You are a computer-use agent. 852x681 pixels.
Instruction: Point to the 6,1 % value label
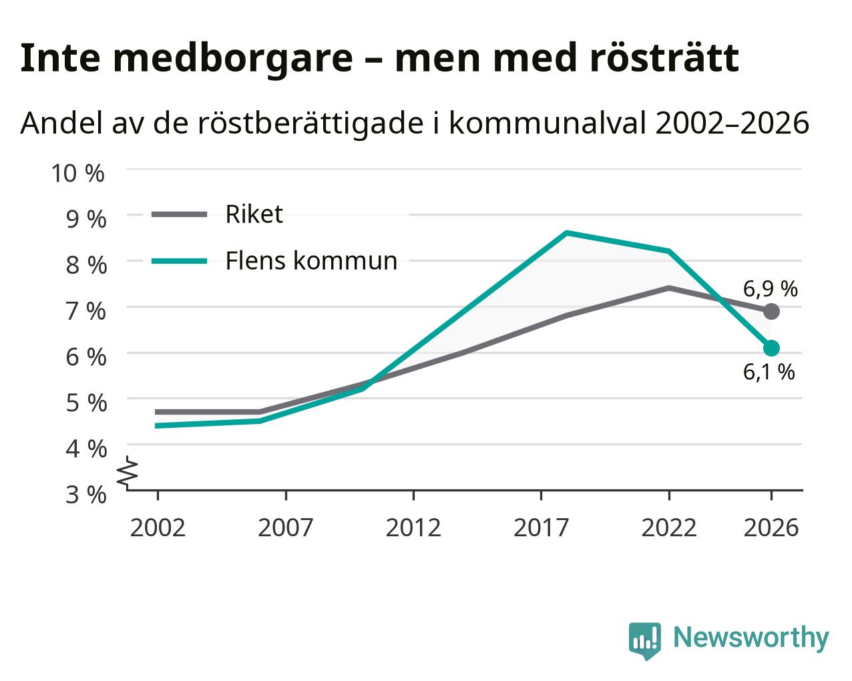[769, 372]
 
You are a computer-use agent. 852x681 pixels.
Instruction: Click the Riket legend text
[254, 214]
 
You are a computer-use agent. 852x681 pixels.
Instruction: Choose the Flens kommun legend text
[311, 260]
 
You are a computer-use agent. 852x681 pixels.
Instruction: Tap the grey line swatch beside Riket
[180, 214]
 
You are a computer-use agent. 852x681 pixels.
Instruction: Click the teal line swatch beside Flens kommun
[180, 261]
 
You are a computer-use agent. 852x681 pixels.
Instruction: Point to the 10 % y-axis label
[78, 173]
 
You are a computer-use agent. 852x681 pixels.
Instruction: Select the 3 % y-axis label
[86, 495]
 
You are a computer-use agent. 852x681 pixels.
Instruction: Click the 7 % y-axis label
[86, 311]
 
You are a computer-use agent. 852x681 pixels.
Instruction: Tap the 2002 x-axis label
[158, 527]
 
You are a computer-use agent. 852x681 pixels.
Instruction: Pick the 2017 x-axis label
[541, 527]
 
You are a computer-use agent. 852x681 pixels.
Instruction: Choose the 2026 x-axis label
[771, 527]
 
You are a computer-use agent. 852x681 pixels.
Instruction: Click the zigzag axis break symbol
[128, 471]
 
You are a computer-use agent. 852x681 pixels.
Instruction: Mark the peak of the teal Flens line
[567, 233]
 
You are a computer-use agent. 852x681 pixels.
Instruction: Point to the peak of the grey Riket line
[669, 288]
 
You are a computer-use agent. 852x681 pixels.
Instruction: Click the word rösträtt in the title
[664, 58]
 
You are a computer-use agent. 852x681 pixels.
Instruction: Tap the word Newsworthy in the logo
[751, 637]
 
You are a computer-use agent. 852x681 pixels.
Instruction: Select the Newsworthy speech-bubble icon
[644, 640]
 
